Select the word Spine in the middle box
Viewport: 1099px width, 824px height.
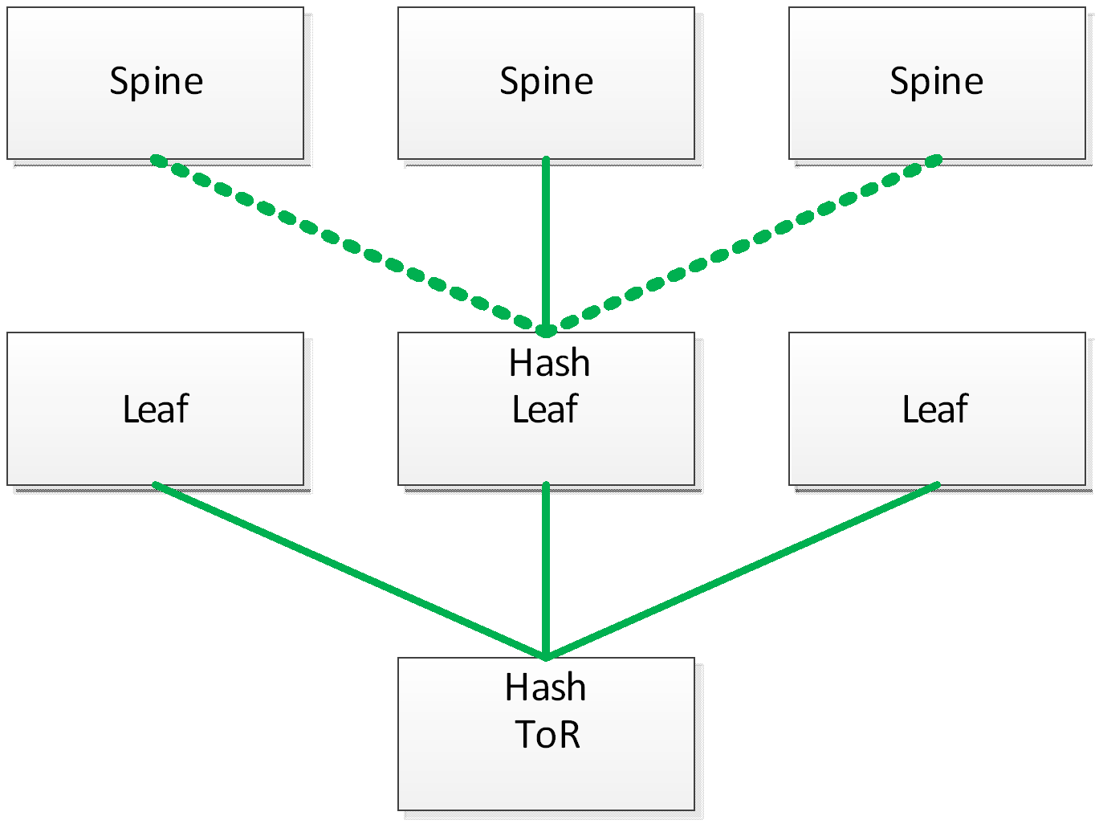(x=546, y=82)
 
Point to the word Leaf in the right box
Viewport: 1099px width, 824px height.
(x=934, y=410)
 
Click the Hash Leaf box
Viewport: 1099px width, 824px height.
(x=546, y=450)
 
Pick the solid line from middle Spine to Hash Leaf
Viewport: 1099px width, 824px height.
(x=546, y=241)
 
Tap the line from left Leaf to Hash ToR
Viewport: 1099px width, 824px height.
(x=350, y=571)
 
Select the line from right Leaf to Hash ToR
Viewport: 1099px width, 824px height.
(x=742, y=571)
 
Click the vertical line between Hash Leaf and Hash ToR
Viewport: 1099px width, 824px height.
(x=546, y=570)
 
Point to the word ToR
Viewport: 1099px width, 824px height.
(x=547, y=735)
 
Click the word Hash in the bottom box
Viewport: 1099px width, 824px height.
(x=546, y=688)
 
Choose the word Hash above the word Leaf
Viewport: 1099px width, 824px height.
(x=549, y=364)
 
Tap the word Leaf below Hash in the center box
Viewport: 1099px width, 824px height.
(x=544, y=410)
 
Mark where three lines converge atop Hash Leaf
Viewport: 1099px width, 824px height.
(x=546, y=329)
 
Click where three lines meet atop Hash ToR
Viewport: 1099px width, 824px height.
(x=546, y=656)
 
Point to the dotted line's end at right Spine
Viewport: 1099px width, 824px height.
(x=934, y=161)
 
